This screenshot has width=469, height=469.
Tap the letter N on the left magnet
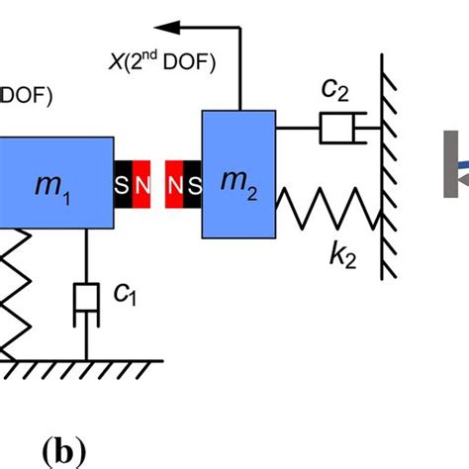pos(144,185)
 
